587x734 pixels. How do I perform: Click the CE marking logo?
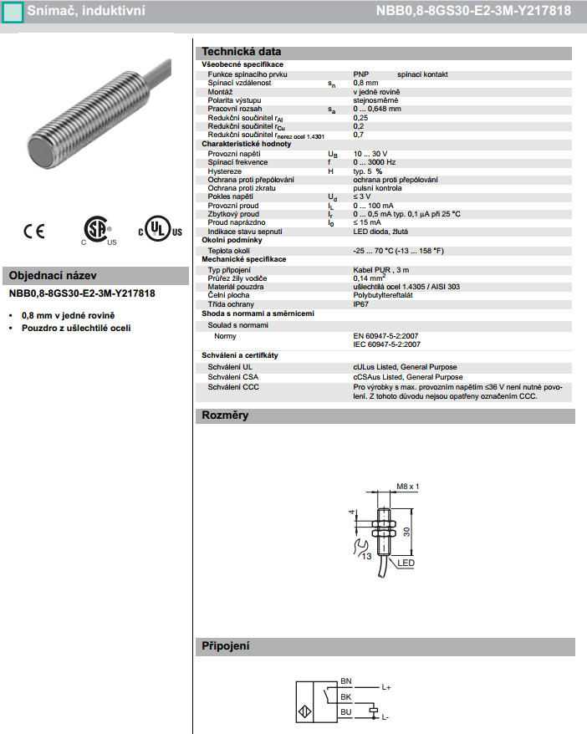pyautogui.click(x=34, y=231)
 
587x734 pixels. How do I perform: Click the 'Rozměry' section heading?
pyautogui.click(x=226, y=415)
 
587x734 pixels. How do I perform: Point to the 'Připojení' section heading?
pyautogui.click(x=226, y=646)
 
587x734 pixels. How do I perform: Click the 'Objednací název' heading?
pyautogui.click(x=53, y=275)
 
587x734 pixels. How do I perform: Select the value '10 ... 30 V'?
pyautogui.click(x=371, y=154)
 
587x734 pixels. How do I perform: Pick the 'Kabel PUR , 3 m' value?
pyautogui.click(x=381, y=270)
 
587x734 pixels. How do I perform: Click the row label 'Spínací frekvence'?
pyautogui.click(x=237, y=161)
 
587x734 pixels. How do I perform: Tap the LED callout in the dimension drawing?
pyautogui.click(x=406, y=563)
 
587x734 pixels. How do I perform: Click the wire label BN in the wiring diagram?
pyautogui.click(x=346, y=680)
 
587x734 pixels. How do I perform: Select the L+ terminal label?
pyautogui.click(x=386, y=688)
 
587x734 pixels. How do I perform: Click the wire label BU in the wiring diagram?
pyautogui.click(x=346, y=711)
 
